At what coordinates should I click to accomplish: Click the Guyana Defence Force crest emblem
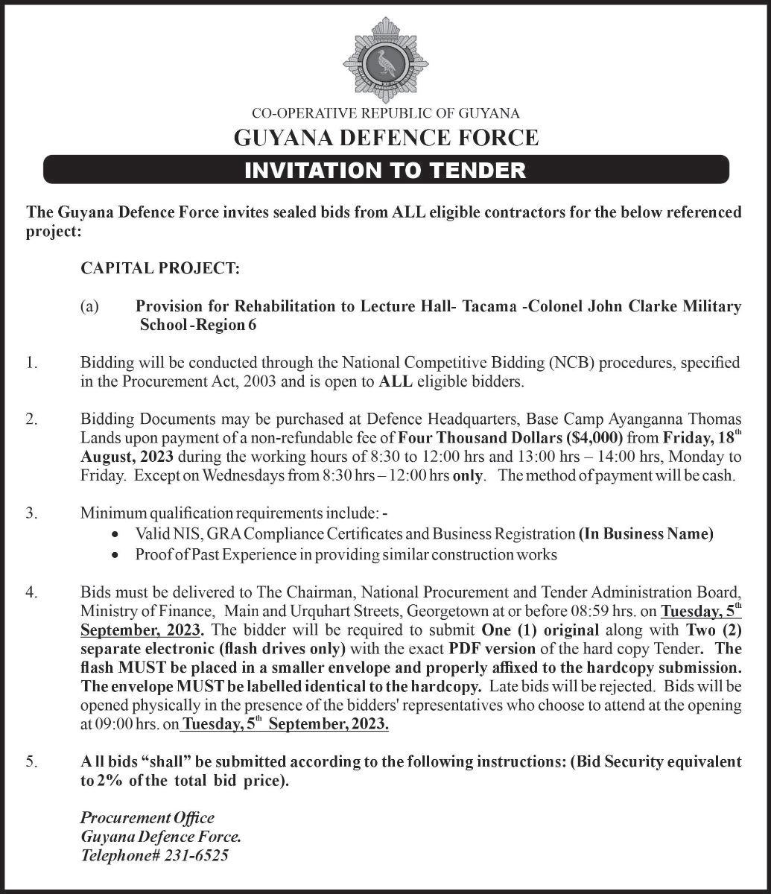point(385,62)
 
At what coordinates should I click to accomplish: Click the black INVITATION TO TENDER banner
point(385,170)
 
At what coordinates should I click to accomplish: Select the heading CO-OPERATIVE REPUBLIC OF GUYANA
point(385,114)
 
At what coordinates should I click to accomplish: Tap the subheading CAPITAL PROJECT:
point(160,268)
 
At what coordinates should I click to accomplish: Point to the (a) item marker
point(90,306)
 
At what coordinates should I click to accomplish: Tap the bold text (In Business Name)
point(646,533)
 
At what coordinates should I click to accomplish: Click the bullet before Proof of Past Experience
point(114,556)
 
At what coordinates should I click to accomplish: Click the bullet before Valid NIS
point(114,535)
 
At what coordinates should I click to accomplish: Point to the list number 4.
point(31,593)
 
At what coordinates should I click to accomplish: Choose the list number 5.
point(31,761)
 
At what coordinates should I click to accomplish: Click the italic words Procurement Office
point(147,818)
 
